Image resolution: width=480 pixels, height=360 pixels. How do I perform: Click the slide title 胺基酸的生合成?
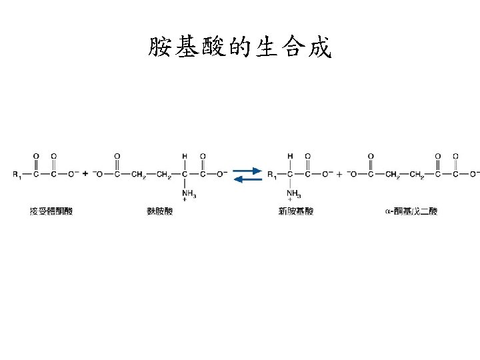tap(239, 47)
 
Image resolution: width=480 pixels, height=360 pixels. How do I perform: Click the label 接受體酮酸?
tap(51, 211)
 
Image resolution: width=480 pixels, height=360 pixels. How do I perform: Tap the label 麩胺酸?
tap(159, 211)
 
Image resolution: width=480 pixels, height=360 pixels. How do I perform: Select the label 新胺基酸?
tap(296, 211)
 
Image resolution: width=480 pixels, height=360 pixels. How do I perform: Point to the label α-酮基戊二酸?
tap(411, 211)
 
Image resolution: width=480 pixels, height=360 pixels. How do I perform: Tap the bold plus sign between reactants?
tap(85, 174)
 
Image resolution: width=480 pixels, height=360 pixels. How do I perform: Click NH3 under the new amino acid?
tap(293, 194)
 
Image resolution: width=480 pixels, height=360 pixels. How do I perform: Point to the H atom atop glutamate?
tap(184, 156)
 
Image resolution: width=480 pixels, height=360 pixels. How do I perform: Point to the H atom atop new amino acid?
tap(290, 156)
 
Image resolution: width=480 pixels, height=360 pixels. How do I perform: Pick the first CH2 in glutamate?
tap(139, 175)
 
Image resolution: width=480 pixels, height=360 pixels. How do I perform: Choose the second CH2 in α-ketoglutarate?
tap(417, 175)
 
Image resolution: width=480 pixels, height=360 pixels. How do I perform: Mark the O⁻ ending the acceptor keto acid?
tap(73, 174)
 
